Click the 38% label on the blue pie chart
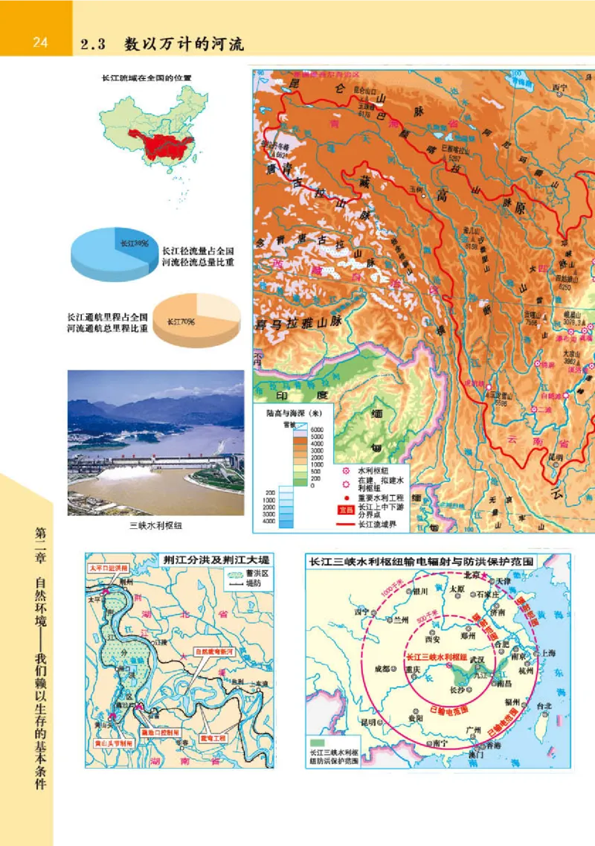pos(135,243)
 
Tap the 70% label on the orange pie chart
pos(179,321)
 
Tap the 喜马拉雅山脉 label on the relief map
pos(298,323)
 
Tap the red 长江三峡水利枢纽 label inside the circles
pos(436,658)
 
